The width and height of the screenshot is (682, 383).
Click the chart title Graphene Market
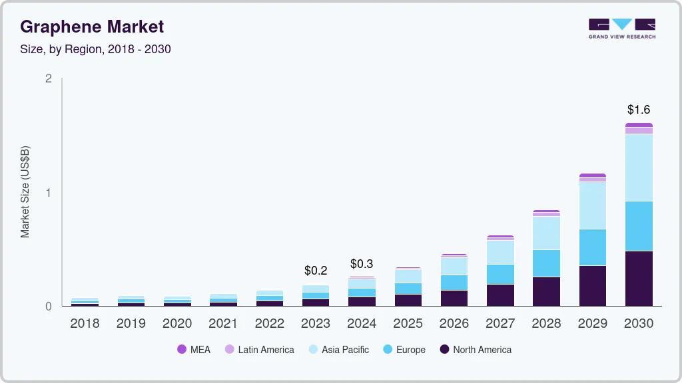coord(92,27)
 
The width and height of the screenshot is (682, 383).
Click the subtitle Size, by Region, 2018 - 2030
coord(95,49)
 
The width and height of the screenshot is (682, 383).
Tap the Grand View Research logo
coord(621,28)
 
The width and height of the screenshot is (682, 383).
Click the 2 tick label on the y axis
coord(48,78)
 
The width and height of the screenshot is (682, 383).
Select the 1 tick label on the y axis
coord(48,193)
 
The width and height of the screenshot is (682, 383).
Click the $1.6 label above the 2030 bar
coord(639,110)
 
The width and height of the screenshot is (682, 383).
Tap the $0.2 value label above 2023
coord(316,271)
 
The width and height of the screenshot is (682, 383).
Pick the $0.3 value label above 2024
coord(362,264)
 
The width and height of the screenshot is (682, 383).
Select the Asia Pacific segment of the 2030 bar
coord(639,168)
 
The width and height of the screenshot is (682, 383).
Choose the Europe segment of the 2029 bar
coord(593,247)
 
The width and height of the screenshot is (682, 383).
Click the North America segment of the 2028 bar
coord(546,291)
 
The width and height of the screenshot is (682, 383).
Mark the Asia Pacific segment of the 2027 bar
coord(500,252)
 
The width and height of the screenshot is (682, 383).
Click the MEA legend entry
coord(194,350)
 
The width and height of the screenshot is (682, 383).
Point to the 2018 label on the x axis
coord(85,324)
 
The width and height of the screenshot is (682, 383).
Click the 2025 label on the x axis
coord(408,324)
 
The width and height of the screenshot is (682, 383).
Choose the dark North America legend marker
coord(445,350)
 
